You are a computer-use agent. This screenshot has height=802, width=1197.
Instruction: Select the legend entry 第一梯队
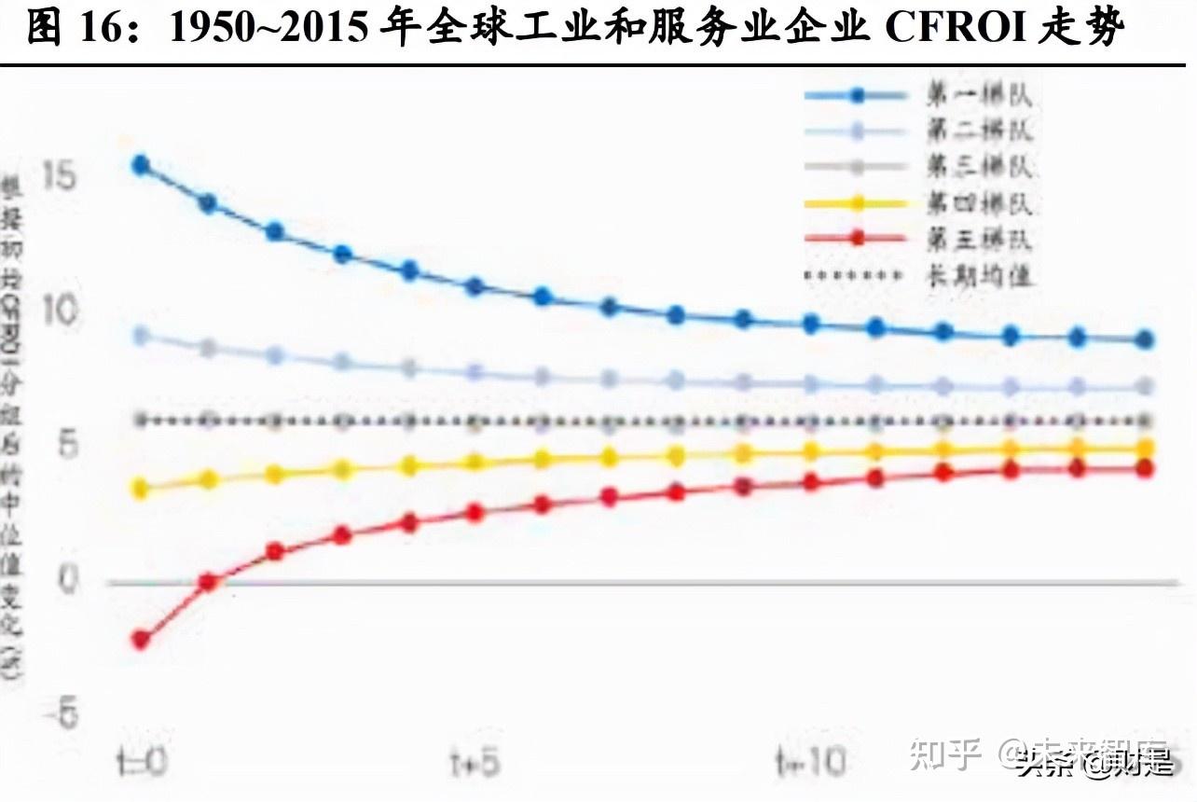pyautogui.click(x=979, y=94)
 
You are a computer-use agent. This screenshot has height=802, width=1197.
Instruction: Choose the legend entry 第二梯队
pyautogui.click(x=979, y=131)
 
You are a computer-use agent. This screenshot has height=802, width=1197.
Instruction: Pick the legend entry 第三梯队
pyautogui.click(x=979, y=167)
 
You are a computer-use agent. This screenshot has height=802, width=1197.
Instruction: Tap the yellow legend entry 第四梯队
pyautogui.click(x=979, y=203)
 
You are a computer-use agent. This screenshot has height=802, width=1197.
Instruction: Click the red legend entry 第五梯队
pyautogui.click(x=979, y=239)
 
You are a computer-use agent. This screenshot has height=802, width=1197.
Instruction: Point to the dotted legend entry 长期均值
pyautogui.click(x=979, y=275)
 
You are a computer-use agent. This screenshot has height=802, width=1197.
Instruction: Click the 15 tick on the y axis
pyautogui.click(x=58, y=174)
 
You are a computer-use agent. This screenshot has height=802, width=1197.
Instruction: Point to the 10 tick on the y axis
pyautogui.click(x=58, y=311)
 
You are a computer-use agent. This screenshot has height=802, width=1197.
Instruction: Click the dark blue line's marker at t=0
pyautogui.click(x=141, y=166)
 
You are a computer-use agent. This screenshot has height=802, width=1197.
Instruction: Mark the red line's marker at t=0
pyautogui.click(x=141, y=640)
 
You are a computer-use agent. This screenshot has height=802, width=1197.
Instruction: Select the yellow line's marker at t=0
pyautogui.click(x=141, y=488)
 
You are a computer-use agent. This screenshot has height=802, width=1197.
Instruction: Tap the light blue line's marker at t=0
pyautogui.click(x=141, y=336)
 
